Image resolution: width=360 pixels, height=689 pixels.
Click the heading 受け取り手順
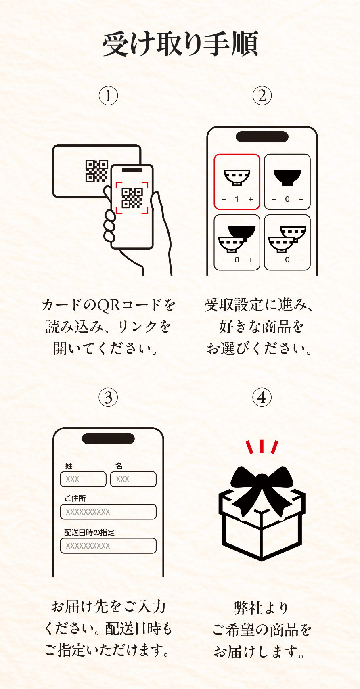pyautogui.click(x=180, y=44)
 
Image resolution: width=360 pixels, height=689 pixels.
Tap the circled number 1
pyautogui.click(x=108, y=96)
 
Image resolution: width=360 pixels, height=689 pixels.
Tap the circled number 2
pyautogui.click(x=262, y=96)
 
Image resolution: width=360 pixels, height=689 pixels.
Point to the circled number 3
pyautogui.click(x=108, y=397)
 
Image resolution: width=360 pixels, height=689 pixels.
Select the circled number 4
pyautogui.click(x=262, y=397)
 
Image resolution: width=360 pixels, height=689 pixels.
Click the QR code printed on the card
pyautogui.click(x=97, y=170)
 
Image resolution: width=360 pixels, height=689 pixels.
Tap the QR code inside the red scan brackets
pyautogui.click(x=132, y=198)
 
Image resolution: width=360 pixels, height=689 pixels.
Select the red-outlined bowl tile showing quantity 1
pyautogui.click(x=237, y=182)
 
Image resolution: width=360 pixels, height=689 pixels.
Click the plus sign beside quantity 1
pyautogui.click(x=251, y=199)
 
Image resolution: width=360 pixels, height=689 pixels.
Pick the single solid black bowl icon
pyautogui.click(x=287, y=177)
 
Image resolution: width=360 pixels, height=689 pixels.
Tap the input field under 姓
pyautogui.click(x=83, y=479)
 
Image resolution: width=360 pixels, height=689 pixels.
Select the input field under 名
pyautogui.click(x=133, y=479)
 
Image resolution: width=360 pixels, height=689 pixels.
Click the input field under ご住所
pyautogui.click(x=108, y=511)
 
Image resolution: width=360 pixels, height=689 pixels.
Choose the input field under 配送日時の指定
pyautogui.click(x=108, y=545)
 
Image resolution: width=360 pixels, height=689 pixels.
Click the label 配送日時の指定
pyautogui.click(x=89, y=532)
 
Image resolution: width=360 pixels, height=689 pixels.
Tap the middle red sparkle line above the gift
pyautogui.click(x=262, y=446)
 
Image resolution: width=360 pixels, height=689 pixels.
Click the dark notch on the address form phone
pyautogui.click(x=108, y=438)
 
